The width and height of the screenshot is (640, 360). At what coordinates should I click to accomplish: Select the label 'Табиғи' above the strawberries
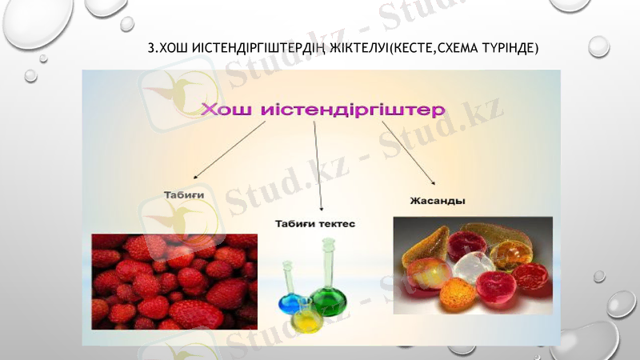[x=184, y=194]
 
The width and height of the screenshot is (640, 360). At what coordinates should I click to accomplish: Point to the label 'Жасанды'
[x=438, y=200]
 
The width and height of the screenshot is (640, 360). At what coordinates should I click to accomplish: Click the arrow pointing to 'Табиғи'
[x=230, y=150]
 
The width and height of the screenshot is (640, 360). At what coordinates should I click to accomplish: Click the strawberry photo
[x=174, y=282]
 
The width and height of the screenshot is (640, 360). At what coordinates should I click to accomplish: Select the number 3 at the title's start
[x=151, y=49]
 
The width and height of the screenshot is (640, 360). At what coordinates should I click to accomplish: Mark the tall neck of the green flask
[x=328, y=260]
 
